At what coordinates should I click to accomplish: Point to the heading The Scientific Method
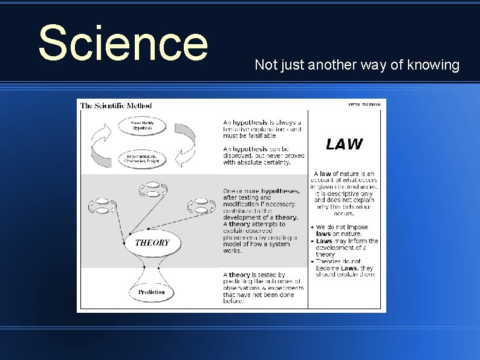point(116,105)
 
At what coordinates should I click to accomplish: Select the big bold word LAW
point(344,144)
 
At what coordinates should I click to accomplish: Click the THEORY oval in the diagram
point(152,243)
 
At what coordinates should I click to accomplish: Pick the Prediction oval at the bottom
point(151,292)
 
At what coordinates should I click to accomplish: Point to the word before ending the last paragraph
point(233,301)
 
